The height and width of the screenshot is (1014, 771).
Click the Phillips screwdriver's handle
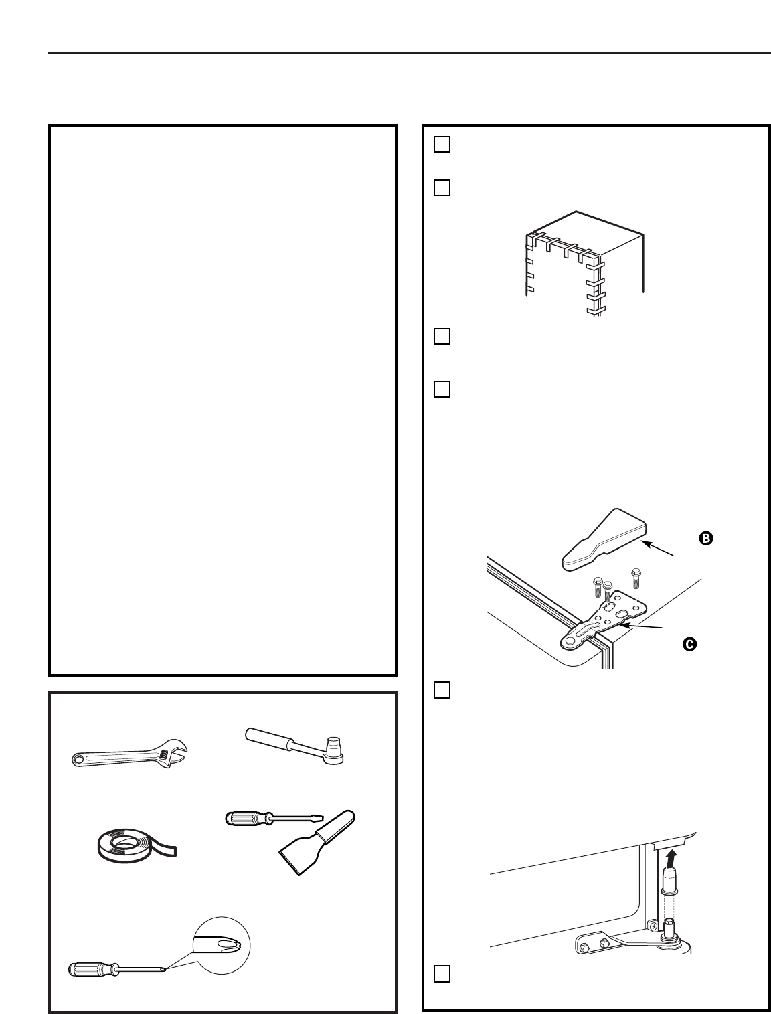tap(90, 968)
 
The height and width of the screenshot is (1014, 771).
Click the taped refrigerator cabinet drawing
tap(582, 264)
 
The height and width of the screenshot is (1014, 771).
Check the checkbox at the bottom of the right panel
tap(442, 974)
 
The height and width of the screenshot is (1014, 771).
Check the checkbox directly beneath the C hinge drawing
tap(442, 690)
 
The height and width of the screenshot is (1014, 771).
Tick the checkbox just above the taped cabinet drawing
tap(442, 188)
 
